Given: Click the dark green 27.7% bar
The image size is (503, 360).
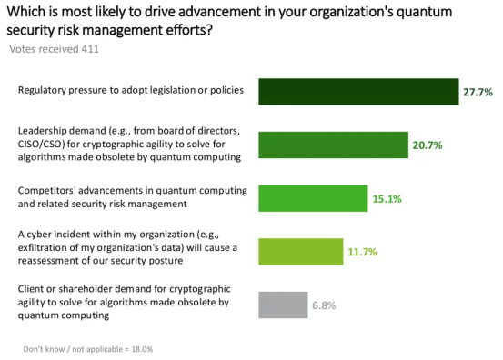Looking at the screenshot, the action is tap(358, 92).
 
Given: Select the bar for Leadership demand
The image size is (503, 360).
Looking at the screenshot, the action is tap(333, 145).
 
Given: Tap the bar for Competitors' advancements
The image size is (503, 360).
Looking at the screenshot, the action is tap(313, 198).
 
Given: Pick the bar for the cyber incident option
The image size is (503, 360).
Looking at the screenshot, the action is tap(301, 252).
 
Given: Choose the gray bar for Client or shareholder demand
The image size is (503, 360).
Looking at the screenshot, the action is tap(283, 305).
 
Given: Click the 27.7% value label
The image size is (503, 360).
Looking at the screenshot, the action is tap(478, 93).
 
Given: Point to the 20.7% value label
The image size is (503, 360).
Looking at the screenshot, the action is tap(428, 145).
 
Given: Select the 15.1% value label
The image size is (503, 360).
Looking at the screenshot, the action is tap(387, 199).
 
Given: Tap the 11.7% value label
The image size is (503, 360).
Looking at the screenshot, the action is tap(363, 252).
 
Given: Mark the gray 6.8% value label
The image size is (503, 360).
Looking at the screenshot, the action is tap(324, 305).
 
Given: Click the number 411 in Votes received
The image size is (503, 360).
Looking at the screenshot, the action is tap(90, 49).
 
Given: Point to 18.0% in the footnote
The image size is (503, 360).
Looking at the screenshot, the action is tap(142, 349).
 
